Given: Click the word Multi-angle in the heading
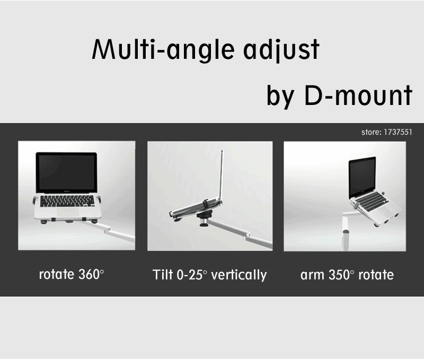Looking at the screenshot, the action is click(x=163, y=50).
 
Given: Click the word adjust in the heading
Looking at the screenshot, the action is click(x=281, y=50).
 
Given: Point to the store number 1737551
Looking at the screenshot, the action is click(x=398, y=132).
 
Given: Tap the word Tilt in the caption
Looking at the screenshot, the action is click(x=163, y=275).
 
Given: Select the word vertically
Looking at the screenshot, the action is click(x=239, y=275).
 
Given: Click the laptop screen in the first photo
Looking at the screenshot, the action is click(x=67, y=172).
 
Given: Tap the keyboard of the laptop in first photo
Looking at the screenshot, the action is click(x=67, y=201).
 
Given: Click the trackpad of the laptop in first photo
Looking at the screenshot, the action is click(x=68, y=212).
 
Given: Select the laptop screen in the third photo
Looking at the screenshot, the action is click(x=363, y=177).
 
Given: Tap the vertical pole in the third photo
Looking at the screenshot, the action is click(x=346, y=233).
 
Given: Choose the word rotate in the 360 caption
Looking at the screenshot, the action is click(x=57, y=275).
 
